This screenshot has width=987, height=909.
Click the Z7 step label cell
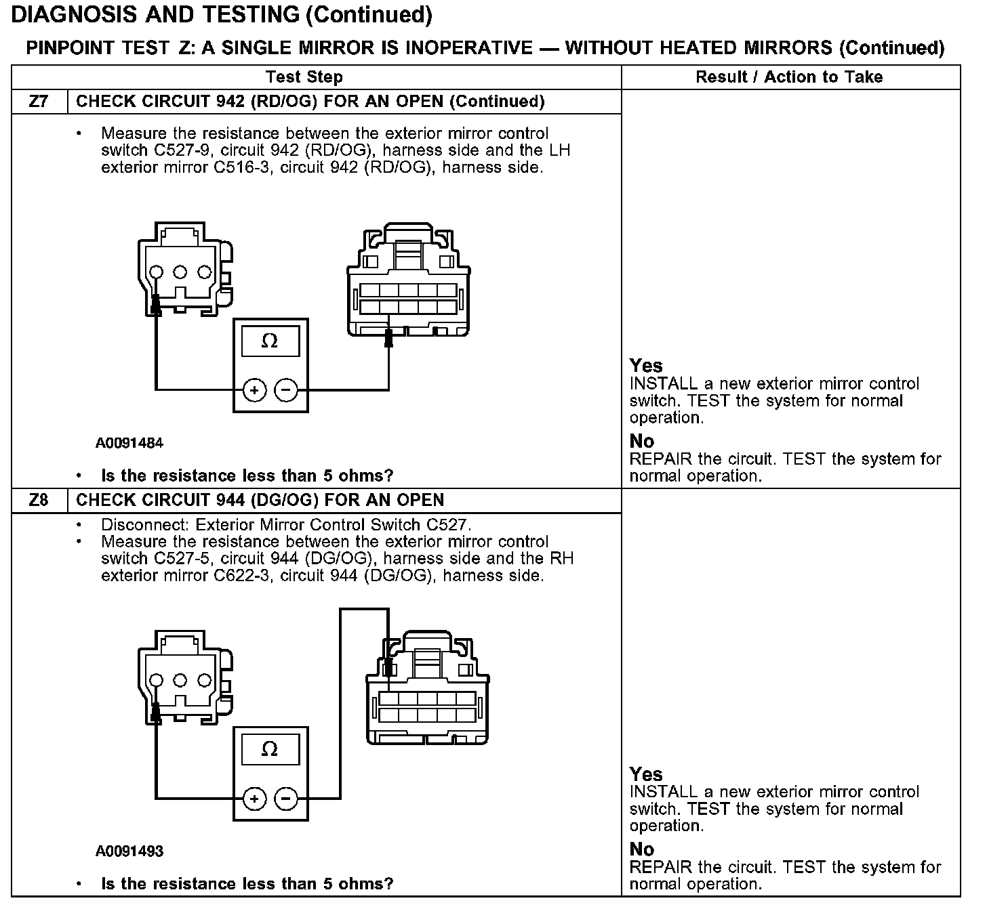click(39, 102)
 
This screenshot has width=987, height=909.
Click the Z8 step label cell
click(39, 500)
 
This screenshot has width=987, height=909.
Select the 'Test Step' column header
click(304, 77)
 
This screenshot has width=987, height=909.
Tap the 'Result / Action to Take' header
click(789, 77)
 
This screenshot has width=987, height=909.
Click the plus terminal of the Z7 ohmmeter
click(254, 390)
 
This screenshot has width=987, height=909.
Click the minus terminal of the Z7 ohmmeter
click(286, 390)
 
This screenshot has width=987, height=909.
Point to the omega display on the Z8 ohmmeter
click(270, 750)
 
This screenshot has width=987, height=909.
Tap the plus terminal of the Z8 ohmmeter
click(254, 799)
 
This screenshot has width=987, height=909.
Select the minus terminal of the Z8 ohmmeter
click(286, 799)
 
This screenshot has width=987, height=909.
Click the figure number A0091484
click(129, 444)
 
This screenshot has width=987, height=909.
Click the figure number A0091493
click(129, 851)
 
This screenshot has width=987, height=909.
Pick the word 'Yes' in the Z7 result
click(646, 366)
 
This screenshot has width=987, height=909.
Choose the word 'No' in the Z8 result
click(642, 849)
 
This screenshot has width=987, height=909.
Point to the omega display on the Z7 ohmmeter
click(270, 341)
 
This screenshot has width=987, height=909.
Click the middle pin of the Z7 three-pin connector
click(180, 272)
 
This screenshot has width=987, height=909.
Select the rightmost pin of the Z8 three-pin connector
click(204, 680)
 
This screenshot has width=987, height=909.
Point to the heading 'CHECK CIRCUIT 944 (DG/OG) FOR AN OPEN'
click(260, 500)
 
